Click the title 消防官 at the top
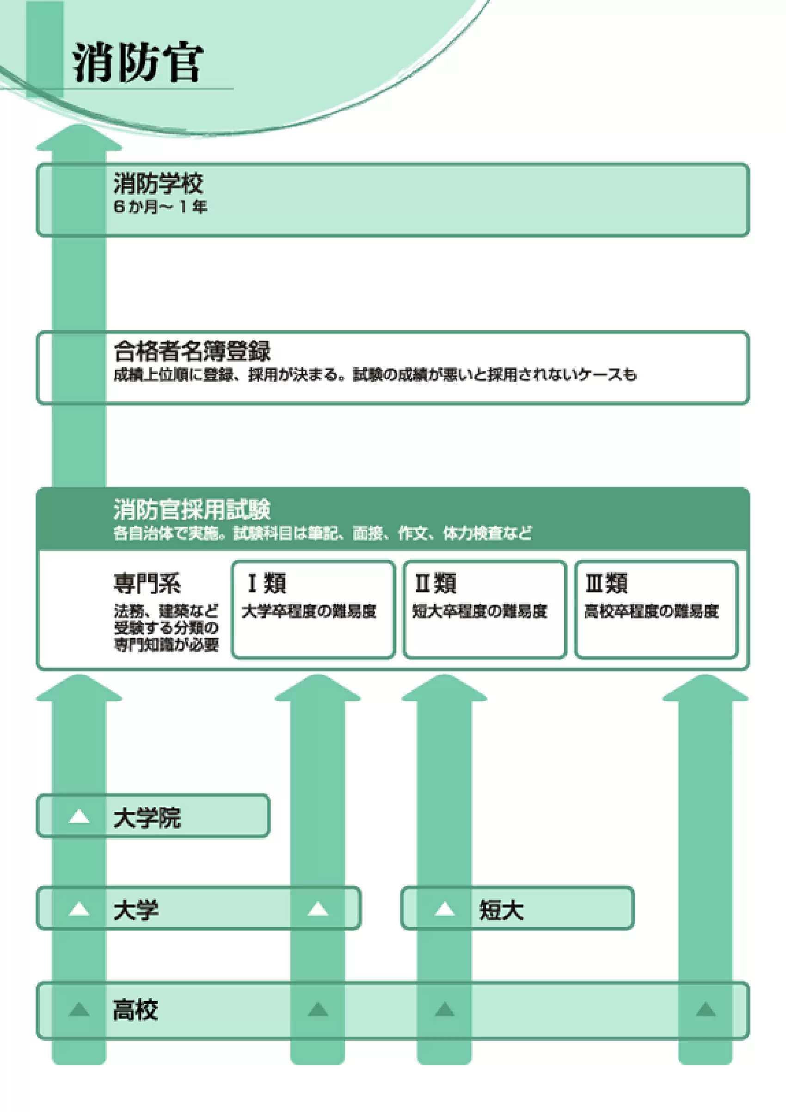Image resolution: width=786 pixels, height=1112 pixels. [x=137, y=63]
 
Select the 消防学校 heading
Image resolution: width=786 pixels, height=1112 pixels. [x=159, y=184]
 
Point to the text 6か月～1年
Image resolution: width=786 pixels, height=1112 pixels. [x=160, y=207]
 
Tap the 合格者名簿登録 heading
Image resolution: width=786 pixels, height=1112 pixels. [x=192, y=351]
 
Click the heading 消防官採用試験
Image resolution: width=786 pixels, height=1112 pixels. [x=192, y=509]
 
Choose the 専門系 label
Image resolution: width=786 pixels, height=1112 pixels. [x=147, y=583]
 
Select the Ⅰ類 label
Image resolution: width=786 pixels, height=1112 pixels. [x=266, y=583]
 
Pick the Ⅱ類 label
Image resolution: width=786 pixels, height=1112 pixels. [x=436, y=583]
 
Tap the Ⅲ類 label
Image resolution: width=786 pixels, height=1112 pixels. [x=606, y=583]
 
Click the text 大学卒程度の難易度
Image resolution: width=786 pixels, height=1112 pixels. [x=309, y=611]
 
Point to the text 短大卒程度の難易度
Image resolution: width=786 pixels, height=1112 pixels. [x=480, y=611]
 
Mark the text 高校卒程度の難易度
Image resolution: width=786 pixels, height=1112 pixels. [x=651, y=611]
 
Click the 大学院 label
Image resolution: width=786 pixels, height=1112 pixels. [x=147, y=818]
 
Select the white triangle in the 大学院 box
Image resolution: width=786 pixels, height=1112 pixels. [x=79, y=817]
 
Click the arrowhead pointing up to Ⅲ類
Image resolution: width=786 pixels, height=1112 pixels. [x=705, y=689]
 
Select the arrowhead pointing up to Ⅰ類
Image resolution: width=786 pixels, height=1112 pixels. [x=318, y=689]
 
